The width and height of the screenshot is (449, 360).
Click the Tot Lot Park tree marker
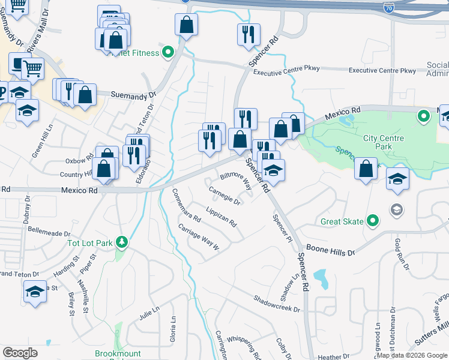click(x=122, y=242)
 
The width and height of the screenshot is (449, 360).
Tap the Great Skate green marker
click(x=373, y=221)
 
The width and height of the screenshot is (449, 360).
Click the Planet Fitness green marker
click(x=169, y=53)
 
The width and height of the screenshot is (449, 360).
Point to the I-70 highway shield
click(x=388, y=7)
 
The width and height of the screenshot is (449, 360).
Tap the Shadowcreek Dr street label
click(x=276, y=304)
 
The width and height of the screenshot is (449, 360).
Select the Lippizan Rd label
click(x=221, y=218)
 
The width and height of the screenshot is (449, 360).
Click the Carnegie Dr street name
click(x=224, y=196)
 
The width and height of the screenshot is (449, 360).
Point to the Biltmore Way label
click(x=235, y=178)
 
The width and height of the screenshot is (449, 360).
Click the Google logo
click(x=20, y=353)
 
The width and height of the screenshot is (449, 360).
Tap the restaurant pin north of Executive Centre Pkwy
click(x=248, y=35)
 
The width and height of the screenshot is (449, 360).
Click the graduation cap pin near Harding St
click(x=35, y=292)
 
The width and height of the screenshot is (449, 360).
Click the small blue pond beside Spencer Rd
click(x=321, y=277)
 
